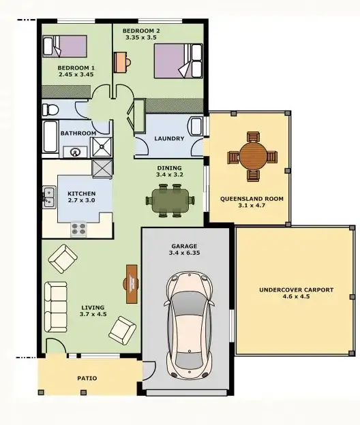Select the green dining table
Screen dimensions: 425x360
pyautogui.click(x=169, y=200)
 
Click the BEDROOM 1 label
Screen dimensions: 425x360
pyautogui.click(x=76, y=67)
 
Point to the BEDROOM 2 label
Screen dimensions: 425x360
pyautogui.click(x=141, y=31)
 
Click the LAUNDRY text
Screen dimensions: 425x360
pyautogui.click(x=169, y=138)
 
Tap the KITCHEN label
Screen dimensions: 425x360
pyautogui.click(x=81, y=194)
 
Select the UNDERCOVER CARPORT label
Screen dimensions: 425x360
pyautogui.click(x=296, y=289)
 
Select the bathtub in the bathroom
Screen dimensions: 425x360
pyautogui.click(x=52, y=137)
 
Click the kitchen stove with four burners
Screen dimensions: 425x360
pyautogui.click(x=78, y=229)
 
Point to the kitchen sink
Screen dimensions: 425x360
pyautogui.click(x=49, y=198)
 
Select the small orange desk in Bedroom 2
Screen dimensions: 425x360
pyautogui.click(x=121, y=61)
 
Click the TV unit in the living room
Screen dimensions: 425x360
pyautogui.click(x=132, y=285)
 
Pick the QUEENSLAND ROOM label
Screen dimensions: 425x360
pyautogui.click(x=251, y=199)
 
